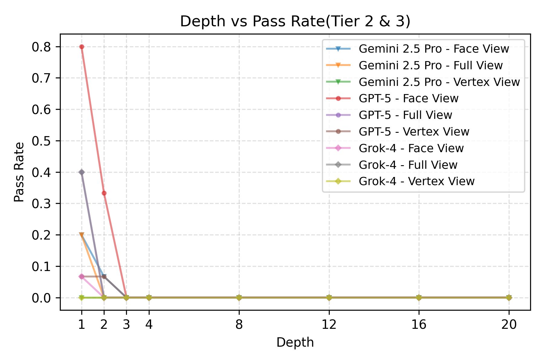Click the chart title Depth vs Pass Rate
pyautogui.click(x=295, y=21)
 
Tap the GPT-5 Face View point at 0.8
pyautogui.click(x=82, y=47)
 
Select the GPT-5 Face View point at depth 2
pyautogui.click(x=104, y=193)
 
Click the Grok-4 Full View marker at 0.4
pyautogui.click(x=82, y=172)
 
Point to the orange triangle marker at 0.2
pyautogui.click(x=82, y=235)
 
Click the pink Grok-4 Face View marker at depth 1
pyautogui.click(x=82, y=276)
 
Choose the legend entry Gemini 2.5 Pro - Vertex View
pyautogui.click(x=439, y=82)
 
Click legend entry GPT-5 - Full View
pyautogui.click(x=405, y=115)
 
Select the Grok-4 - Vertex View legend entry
pyautogui.click(x=416, y=181)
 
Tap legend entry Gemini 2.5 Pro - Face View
pyautogui.click(x=434, y=49)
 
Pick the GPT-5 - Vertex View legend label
pyautogui.click(x=414, y=132)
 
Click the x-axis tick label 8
pyautogui.click(x=239, y=325)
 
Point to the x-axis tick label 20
pyautogui.click(x=509, y=325)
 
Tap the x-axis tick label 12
pyautogui.click(x=329, y=325)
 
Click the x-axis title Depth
pyautogui.click(x=295, y=343)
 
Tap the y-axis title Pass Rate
pyautogui.click(x=19, y=172)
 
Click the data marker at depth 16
pyautogui.click(x=419, y=298)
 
